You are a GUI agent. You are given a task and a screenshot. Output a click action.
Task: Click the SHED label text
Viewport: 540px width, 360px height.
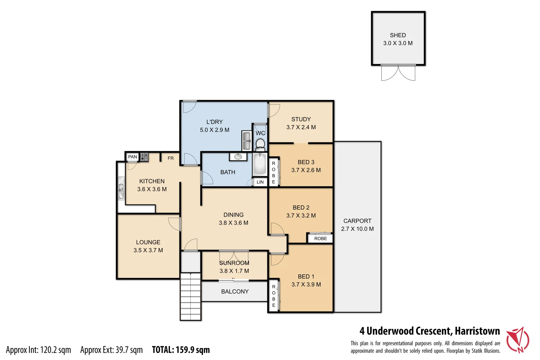[x=398, y=35]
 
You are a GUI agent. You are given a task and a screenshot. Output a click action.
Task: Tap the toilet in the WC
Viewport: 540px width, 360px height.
[x=260, y=145]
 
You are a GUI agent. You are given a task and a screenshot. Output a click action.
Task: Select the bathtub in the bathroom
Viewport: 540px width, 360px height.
[x=260, y=164]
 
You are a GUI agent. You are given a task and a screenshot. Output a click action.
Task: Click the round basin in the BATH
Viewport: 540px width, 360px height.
[x=238, y=156]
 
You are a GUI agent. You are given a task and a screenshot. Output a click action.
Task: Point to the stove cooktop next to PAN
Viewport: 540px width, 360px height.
[x=144, y=157]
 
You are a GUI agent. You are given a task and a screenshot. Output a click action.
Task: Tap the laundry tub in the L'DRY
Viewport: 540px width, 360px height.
[x=247, y=141]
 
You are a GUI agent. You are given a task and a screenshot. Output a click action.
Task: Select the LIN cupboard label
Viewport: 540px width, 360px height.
[x=260, y=182]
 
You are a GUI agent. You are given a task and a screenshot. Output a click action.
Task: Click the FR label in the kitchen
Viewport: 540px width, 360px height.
[x=171, y=158]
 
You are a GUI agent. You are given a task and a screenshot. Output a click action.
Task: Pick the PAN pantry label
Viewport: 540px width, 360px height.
[x=132, y=157]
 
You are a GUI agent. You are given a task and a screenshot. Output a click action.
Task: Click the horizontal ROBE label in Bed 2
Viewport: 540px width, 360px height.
[x=320, y=238]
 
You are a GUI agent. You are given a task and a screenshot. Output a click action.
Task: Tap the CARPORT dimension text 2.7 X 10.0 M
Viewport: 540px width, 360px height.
[x=357, y=229]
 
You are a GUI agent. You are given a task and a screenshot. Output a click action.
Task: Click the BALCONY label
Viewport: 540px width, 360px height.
[x=235, y=291]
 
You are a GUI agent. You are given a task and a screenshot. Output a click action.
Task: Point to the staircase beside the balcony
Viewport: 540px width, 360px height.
[x=190, y=296]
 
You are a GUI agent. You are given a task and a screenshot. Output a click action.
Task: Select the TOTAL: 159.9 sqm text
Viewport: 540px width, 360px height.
[x=181, y=350]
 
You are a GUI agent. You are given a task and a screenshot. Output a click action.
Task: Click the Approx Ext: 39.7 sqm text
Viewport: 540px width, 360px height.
[x=111, y=350]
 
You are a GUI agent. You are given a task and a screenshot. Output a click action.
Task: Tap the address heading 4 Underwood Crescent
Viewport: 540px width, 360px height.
[x=429, y=331]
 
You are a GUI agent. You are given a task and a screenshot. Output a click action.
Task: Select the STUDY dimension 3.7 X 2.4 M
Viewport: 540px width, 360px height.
[x=301, y=127]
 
